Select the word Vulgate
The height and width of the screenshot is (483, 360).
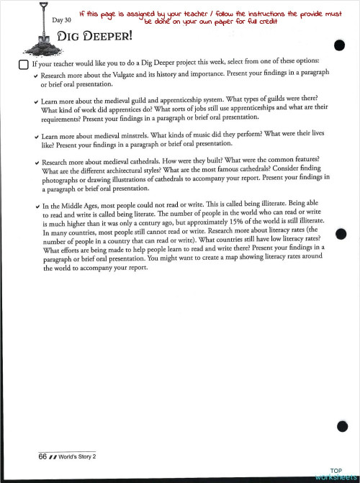[132, 75]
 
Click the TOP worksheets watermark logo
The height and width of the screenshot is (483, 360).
[336, 474]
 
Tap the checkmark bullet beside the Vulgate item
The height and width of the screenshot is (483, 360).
[36, 76]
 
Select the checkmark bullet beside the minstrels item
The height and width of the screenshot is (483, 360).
[36, 135]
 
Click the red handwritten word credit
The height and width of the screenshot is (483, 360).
[266, 22]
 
